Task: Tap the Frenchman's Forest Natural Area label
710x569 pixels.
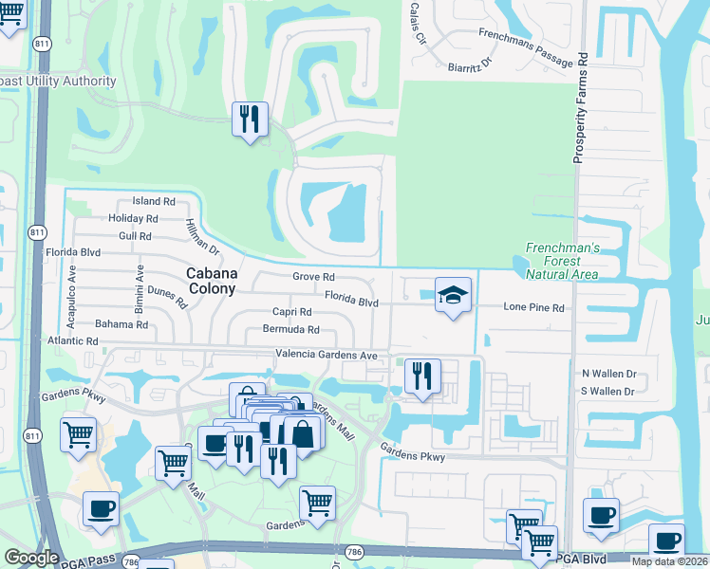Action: tap(563, 261)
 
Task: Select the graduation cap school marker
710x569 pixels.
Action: tap(453, 295)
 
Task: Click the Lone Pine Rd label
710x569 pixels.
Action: tap(533, 308)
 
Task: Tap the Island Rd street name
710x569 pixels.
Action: tap(154, 201)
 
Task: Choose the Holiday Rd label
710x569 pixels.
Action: tap(133, 218)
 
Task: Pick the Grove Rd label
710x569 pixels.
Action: tap(313, 277)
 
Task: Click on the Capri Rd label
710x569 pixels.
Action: tap(291, 312)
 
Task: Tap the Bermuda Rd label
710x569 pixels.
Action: tap(293, 330)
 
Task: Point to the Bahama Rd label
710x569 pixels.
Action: tap(121, 324)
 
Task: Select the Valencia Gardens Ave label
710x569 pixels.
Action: tap(327, 355)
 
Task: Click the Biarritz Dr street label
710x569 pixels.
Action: tap(472, 64)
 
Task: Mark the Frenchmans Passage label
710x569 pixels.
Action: tap(526, 48)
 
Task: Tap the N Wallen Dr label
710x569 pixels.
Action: tap(608, 375)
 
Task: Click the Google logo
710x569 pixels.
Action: tap(31, 558)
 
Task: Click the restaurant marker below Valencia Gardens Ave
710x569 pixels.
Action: tap(421, 376)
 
